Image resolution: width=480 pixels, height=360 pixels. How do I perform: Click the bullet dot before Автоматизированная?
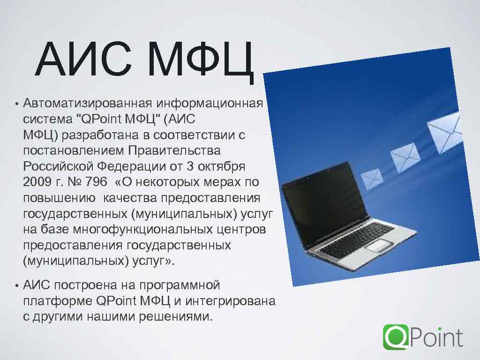[x=16, y=104]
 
